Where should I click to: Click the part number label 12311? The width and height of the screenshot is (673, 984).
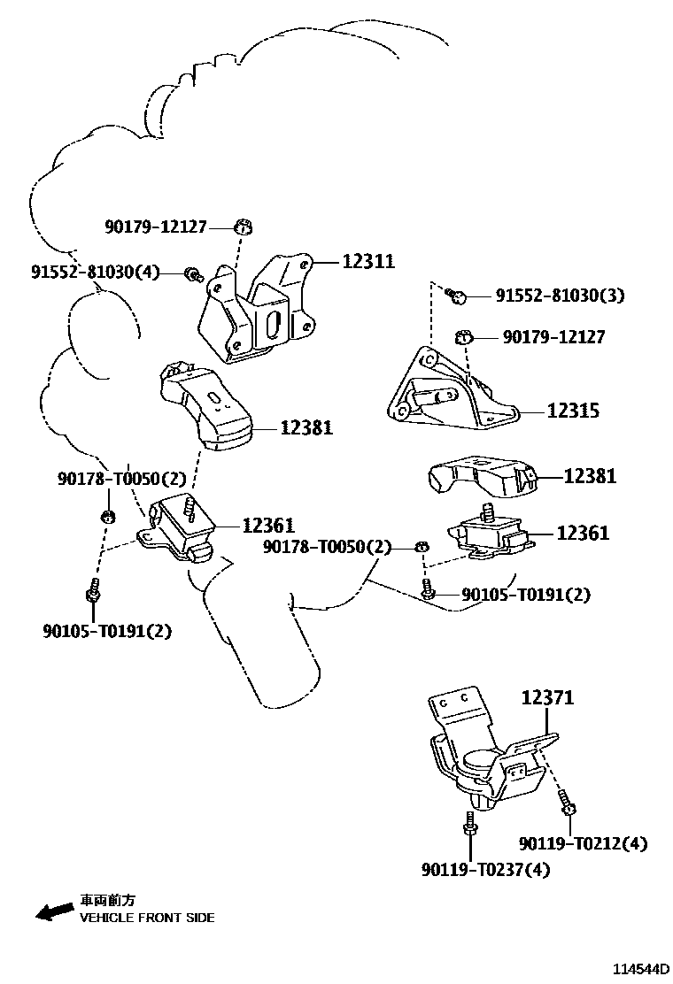tap(367, 262)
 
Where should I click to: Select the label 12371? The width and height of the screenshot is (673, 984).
tap(546, 697)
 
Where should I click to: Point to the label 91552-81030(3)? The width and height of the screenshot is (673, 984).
tap(560, 295)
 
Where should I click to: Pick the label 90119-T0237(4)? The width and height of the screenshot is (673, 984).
tap(485, 870)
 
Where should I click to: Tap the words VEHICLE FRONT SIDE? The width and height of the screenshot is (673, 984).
tap(147, 918)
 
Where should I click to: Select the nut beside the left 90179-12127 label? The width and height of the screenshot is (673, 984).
tap(243, 227)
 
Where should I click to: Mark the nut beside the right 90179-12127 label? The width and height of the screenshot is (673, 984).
tap(462, 337)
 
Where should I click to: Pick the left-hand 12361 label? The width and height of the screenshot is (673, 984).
tap(268, 526)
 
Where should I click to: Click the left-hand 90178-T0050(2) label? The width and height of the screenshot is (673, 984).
tap(122, 479)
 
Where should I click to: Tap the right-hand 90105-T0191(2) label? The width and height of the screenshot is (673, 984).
tap(525, 595)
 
